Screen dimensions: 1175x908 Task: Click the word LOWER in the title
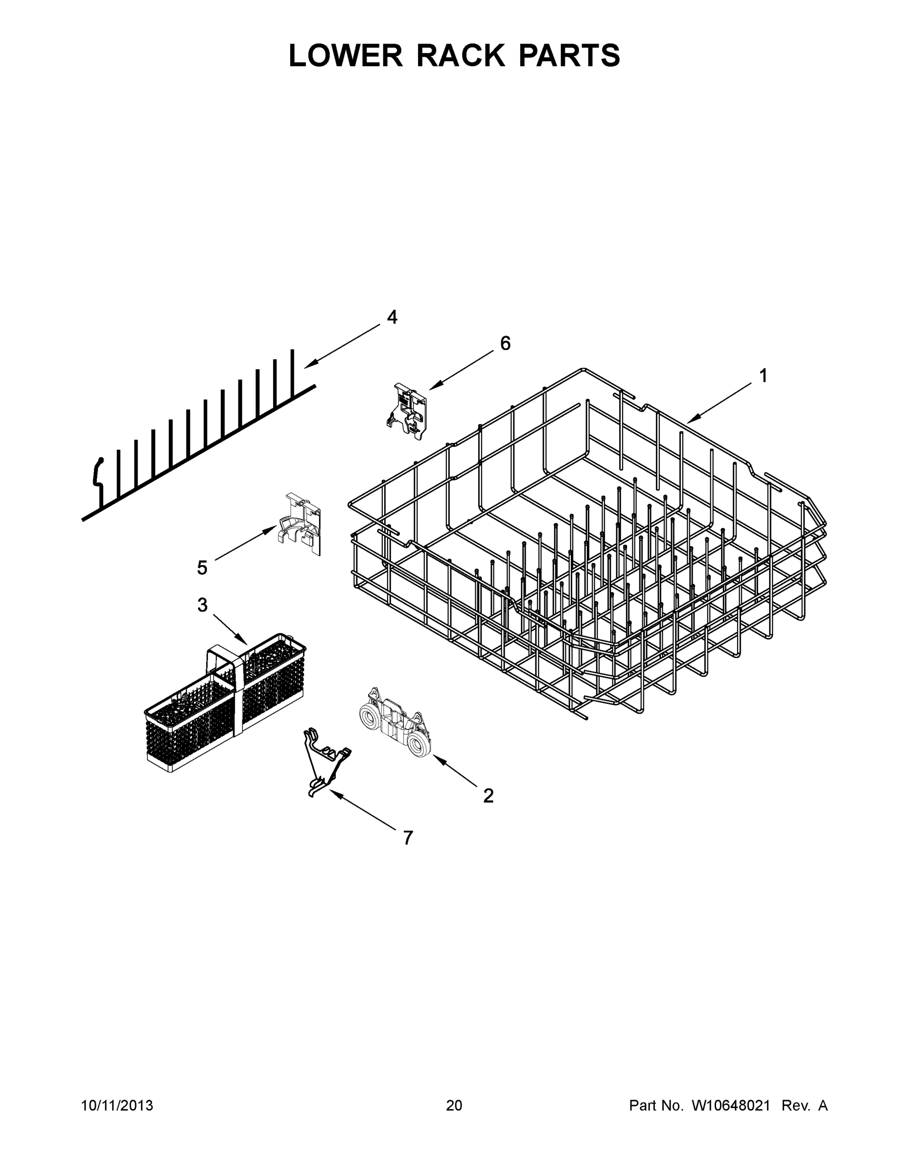346,55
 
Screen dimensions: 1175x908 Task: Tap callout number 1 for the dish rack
763,376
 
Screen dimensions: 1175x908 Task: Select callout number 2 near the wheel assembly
488,795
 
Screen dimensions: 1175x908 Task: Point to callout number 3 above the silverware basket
202,605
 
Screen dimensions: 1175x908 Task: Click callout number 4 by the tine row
392,317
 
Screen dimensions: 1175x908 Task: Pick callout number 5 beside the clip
202,567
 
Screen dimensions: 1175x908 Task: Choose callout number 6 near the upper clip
505,343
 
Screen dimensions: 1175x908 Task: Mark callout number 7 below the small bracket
408,838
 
